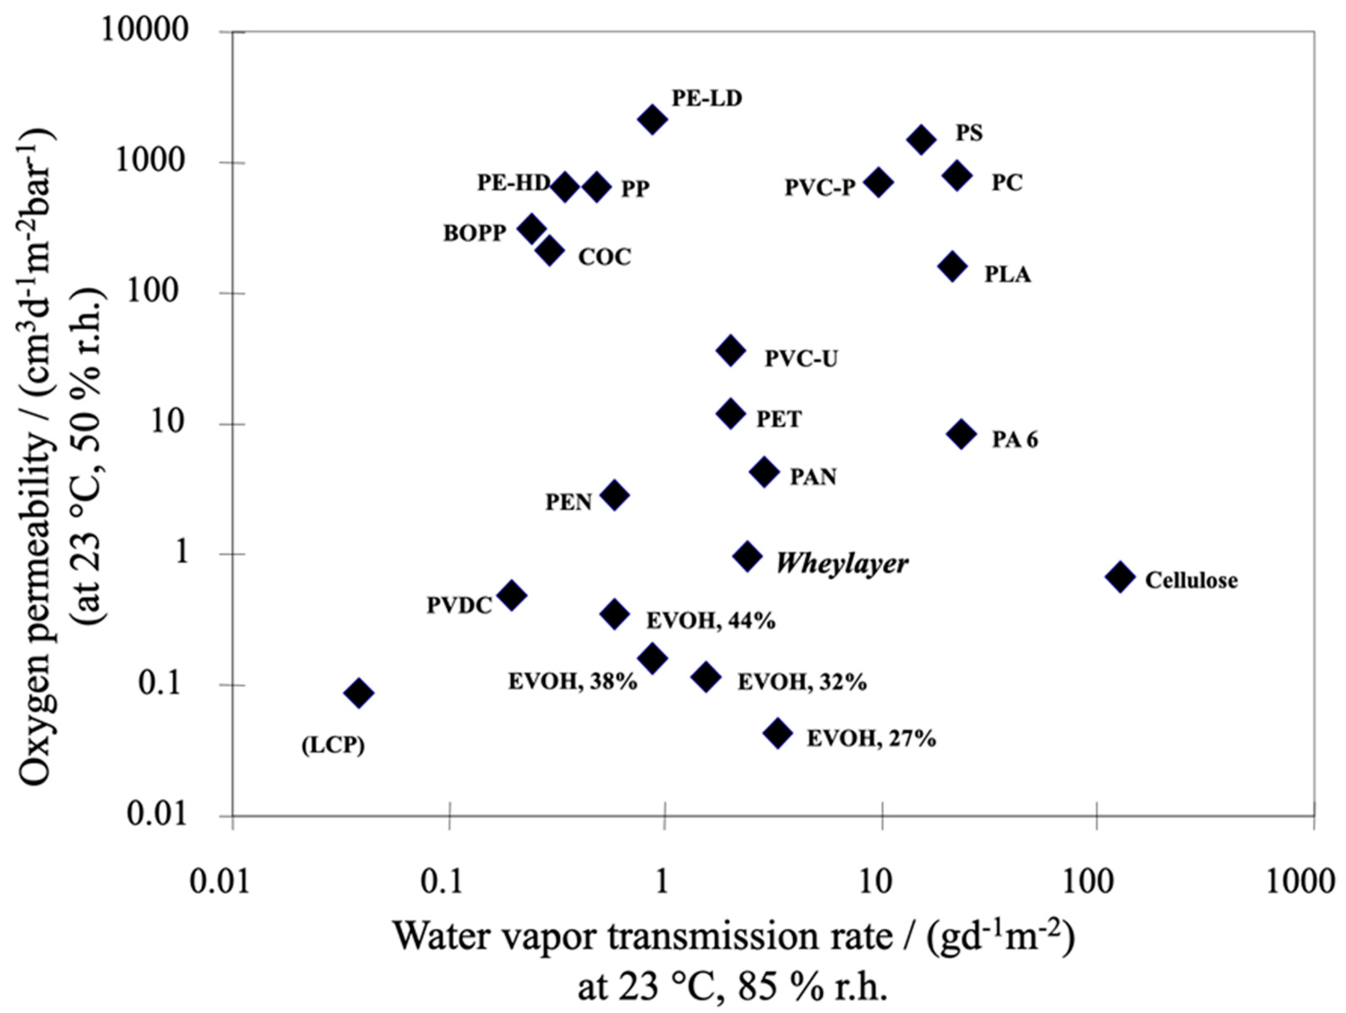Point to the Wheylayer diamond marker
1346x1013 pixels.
748,556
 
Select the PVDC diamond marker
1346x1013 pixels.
512,595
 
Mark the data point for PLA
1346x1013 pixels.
953,267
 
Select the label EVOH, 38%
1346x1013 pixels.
573,682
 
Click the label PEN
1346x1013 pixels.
568,502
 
